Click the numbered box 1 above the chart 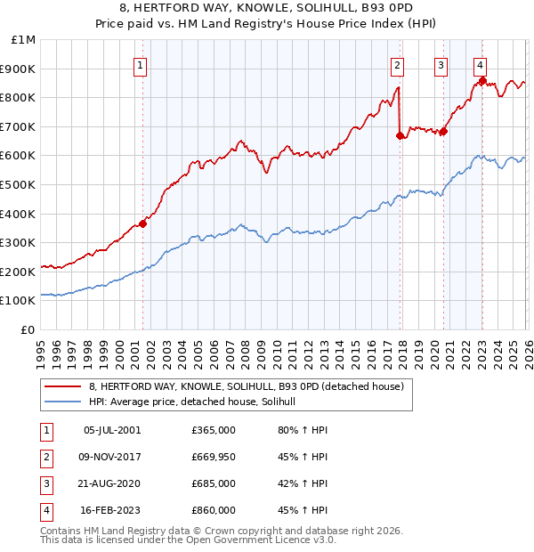(142, 64)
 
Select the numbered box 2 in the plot (397, 64)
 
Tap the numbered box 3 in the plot (441, 64)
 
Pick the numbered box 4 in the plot (480, 64)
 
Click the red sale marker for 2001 (142, 223)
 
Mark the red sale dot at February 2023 (482, 80)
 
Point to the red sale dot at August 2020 (443, 131)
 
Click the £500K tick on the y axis (20, 184)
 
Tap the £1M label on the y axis (24, 39)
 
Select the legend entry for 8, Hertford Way (247, 386)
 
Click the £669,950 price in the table (213, 457)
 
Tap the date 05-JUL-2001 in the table (111, 430)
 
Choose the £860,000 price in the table (213, 510)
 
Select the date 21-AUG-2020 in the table (111, 483)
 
